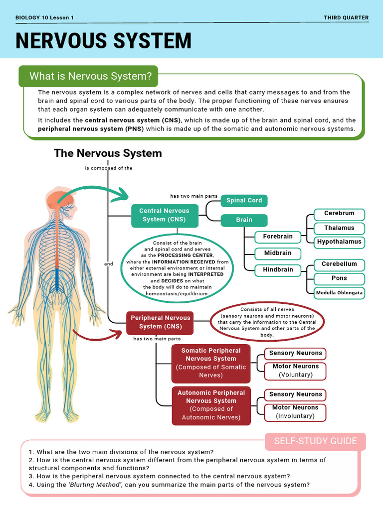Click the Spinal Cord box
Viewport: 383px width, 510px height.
click(x=244, y=200)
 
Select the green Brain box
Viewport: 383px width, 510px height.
click(x=244, y=220)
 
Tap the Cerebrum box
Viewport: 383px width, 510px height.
click(x=339, y=214)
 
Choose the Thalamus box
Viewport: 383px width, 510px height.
click(x=339, y=228)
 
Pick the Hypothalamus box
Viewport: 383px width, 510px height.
click(x=339, y=242)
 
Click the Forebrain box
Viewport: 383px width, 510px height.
click(x=278, y=237)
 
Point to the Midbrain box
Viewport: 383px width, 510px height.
click(x=278, y=253)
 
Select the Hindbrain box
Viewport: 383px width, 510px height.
click(x=278, y=270)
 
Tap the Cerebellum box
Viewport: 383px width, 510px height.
click(x=339, y=264)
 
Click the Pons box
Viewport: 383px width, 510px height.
click(x=339, y=278)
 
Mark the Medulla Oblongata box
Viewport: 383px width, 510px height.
click(x=339, y=293)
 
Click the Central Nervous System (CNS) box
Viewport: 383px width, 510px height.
click(x=164, y=215)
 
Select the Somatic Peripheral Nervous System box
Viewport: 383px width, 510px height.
click(x=211, y=363)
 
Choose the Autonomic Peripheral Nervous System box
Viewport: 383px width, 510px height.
click(x=211, y=405)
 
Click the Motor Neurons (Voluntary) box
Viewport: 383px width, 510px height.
click(x=295, y=371)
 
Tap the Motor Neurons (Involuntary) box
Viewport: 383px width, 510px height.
click(x=295, y=412)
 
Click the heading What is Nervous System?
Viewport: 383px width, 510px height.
click(x=90, y=76)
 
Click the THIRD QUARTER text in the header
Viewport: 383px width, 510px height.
click(x=346, y=18)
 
